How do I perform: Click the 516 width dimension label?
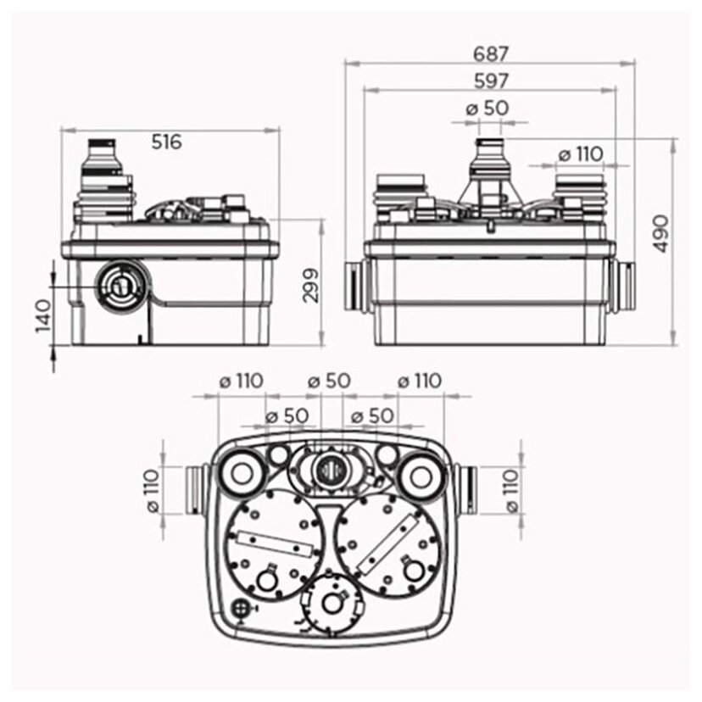tap(166, 142)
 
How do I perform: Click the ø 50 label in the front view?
tap(487, 109)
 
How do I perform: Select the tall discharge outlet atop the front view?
tap(489, 164)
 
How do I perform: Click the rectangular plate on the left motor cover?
tap(269, 540)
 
